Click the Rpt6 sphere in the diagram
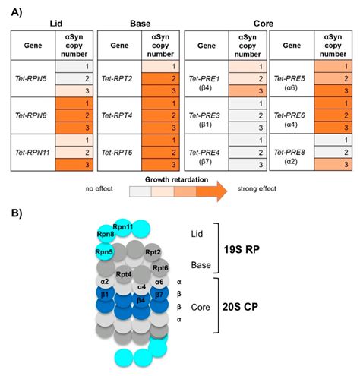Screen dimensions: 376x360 click(160, 267)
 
